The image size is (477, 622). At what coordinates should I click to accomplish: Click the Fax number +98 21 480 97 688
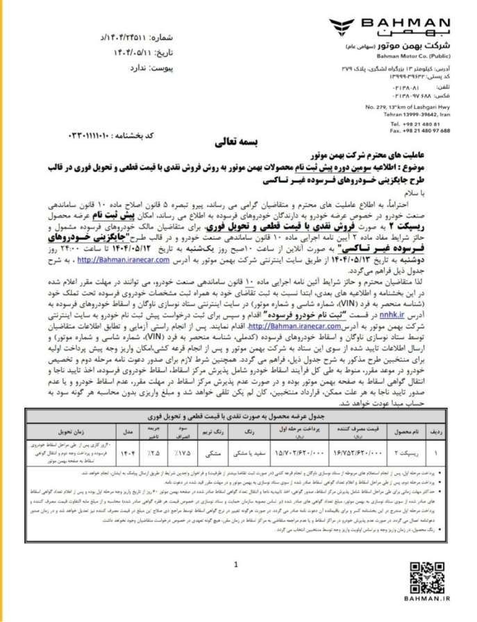417,130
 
